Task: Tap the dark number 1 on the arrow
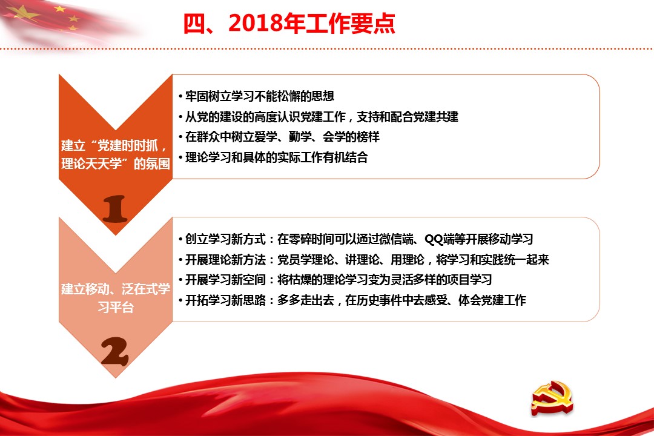114,208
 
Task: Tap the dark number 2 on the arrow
114,351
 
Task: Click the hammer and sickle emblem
552,398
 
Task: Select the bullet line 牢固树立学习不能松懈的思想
259,96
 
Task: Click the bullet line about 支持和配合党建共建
322,117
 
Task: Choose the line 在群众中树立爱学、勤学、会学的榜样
282,137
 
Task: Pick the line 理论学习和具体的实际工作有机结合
277,157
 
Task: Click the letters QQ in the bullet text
434,239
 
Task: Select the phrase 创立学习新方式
225,239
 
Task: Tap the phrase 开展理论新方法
225,260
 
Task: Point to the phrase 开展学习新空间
225,280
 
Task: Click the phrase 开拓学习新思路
225,300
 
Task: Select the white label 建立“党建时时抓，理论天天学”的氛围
116,154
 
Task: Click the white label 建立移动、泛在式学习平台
116,298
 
